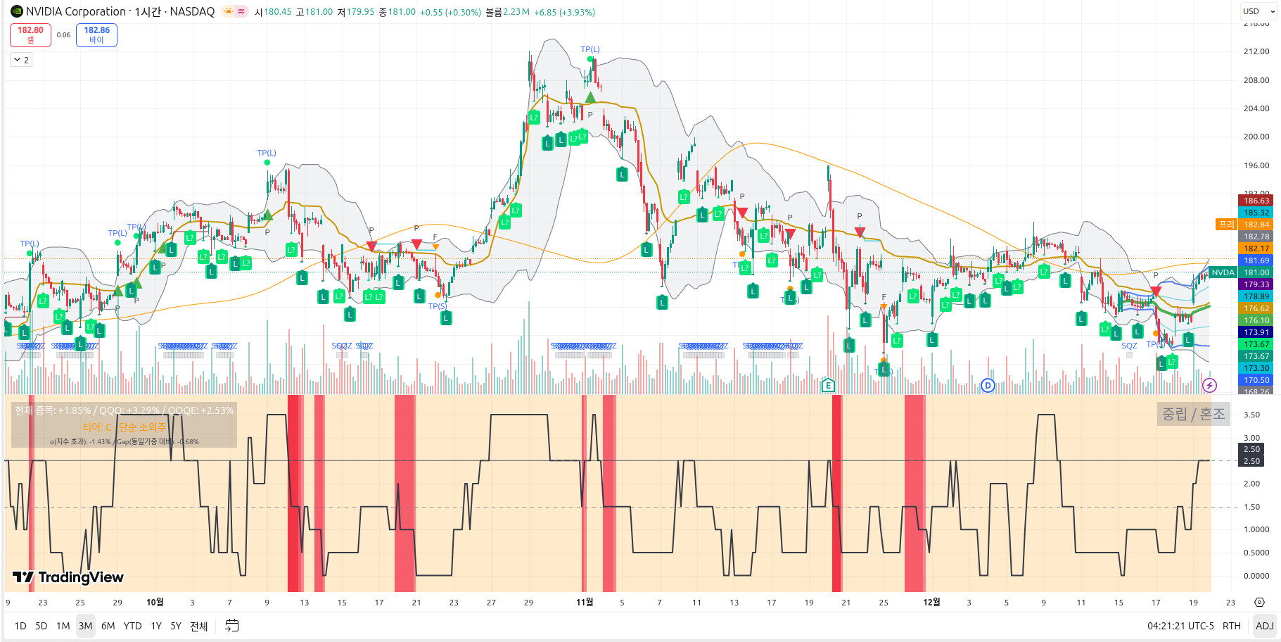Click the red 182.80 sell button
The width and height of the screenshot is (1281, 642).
tap(30, 34)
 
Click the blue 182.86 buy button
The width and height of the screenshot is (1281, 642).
tap(96, 34)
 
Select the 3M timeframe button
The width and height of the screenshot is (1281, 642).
tap(85, 626)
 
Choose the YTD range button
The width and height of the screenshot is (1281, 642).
tap(132, 626)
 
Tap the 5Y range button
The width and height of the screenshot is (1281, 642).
tap(176, 626)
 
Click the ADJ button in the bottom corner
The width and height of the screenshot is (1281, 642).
tap(1264, 626)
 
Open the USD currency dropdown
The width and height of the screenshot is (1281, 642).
tap(1258, 11)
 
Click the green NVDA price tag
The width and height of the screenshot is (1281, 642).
tap(1223, 272)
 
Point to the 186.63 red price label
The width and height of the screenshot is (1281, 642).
tap(1256, 201)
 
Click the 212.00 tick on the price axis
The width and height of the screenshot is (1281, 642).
tap(1256, 51)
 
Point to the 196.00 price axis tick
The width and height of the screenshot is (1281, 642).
tap(1256, 165)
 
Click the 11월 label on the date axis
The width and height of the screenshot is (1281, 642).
tap(585, 602)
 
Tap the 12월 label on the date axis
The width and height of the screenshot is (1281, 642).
tap(931, 602)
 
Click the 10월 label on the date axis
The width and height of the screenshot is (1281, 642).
tap(155, 602)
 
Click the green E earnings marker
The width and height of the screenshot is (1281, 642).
tap(828, 385)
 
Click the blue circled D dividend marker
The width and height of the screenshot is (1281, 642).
tap(988, 385)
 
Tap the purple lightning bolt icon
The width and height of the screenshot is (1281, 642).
tap(1209, 385)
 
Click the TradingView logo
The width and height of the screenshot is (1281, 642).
tap(68, 577)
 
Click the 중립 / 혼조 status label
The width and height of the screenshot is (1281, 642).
tap(1193, 414)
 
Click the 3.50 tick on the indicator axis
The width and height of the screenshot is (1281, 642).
tap(1251, 415)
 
